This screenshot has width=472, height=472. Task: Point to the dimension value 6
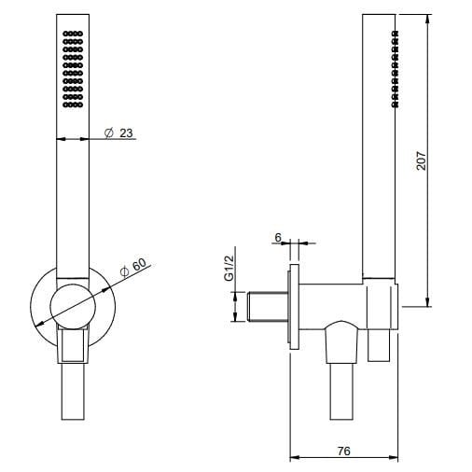coord(278,238)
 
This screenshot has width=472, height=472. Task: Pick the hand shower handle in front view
coord(75,187)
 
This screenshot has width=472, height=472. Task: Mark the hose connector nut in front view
coord(74,350)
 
